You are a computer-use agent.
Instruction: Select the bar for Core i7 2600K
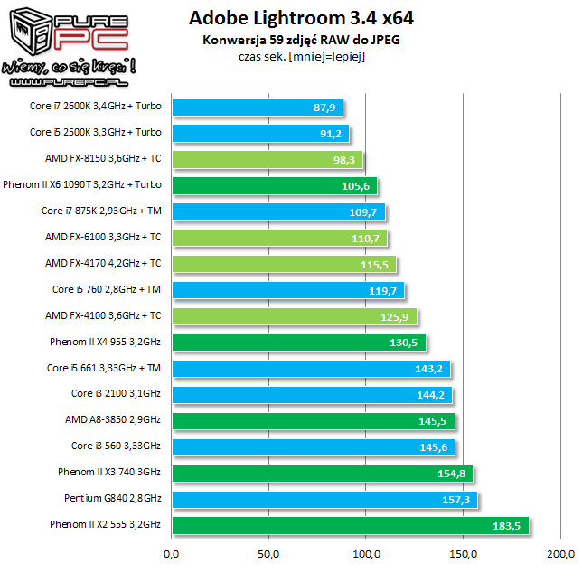click(x=257, y=107)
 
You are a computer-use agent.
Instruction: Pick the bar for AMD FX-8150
click(x=267, y=159)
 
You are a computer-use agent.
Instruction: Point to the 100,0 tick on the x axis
click(x=366, y=554)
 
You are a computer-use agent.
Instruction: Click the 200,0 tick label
click(x=561, y=554)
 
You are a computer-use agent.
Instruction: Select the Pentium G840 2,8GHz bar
click(x=324, y=500)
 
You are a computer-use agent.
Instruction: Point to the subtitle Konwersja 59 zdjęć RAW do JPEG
click(x=296, y=40)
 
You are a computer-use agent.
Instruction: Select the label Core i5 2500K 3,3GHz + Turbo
click(x=96, y=132)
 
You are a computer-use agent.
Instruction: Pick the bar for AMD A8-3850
click(x=313, y=421)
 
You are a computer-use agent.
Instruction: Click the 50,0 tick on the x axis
click(x=268, y=554)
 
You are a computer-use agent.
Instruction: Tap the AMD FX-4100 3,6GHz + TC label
click(x=103, y=315)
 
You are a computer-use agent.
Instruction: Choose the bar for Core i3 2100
click(x=311, y=395)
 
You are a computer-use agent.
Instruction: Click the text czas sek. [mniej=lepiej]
click(x=296, y=56)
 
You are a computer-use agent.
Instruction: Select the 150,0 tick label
click(x=464, y=554)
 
